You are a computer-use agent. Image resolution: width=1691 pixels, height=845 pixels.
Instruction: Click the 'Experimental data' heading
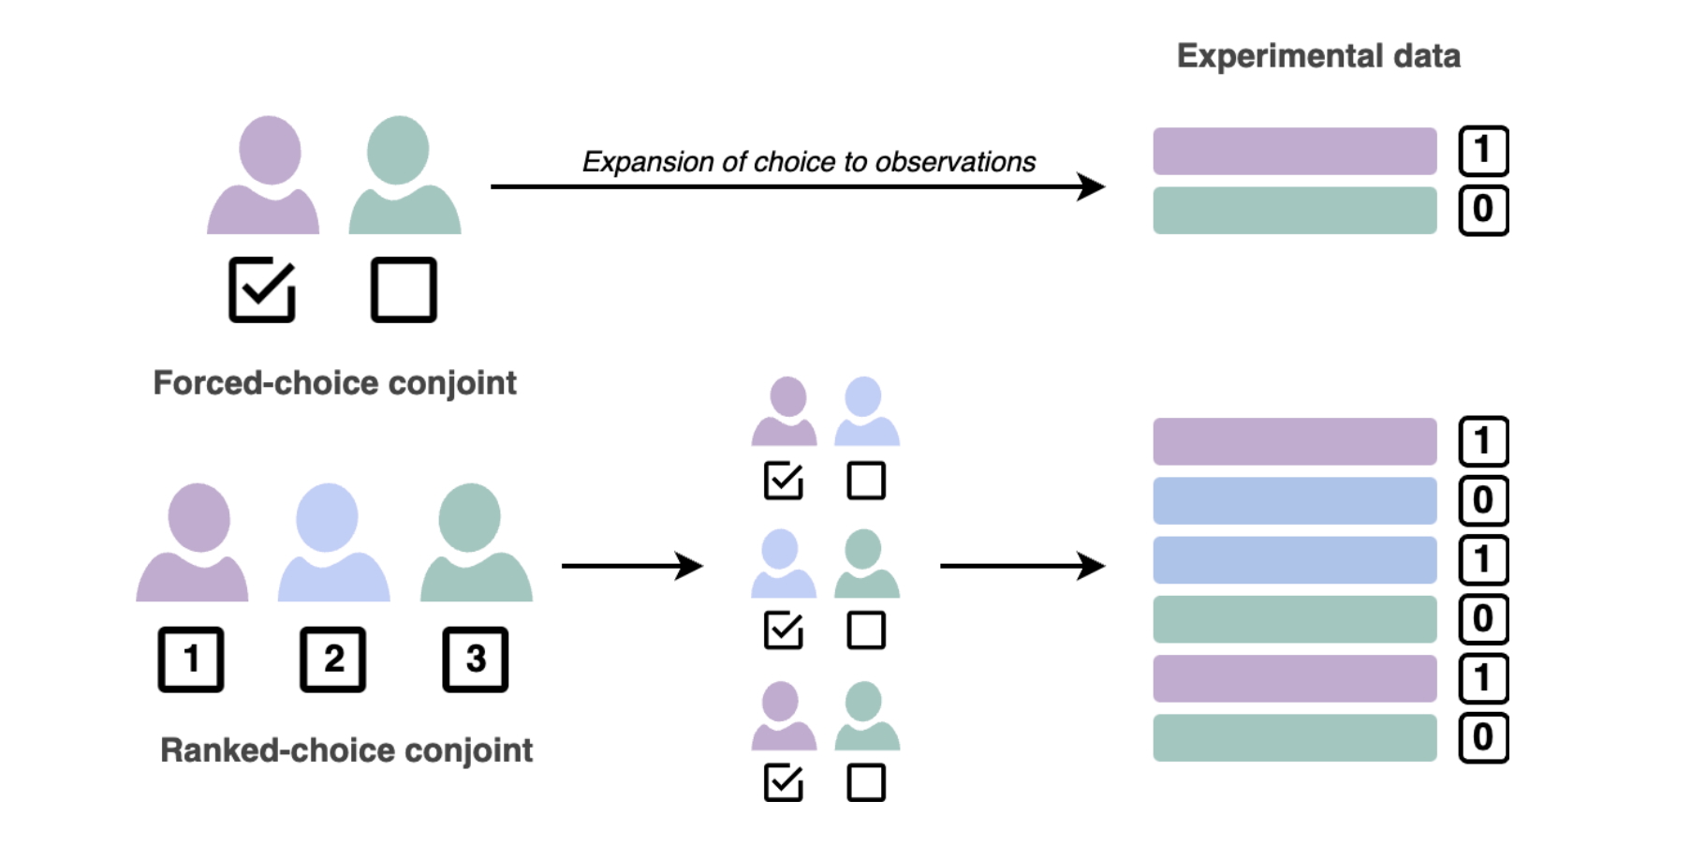click(x=1317, y=56)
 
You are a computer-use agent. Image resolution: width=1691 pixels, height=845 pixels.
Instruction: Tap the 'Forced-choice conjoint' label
click(x=334, y=383)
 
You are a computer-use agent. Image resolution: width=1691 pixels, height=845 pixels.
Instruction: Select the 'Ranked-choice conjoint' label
click(x=346, y=750)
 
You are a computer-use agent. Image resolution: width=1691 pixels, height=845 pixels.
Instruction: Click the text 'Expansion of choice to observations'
click(x=808, y=162)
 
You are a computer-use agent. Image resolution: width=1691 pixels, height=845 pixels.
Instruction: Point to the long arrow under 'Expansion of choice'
click(x=796, y=186)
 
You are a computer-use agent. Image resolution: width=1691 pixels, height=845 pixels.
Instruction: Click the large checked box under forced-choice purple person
click(x=262, y=289)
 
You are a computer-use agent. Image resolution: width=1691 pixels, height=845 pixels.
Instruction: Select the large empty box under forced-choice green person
click(x=404, y=289)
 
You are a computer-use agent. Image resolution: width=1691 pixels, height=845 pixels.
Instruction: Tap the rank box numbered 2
click(x=332, y=660)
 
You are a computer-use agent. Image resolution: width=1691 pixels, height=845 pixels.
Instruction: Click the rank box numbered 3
click(x=475, y=660)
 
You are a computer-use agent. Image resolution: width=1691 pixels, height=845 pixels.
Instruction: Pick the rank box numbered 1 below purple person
click(x=191, y=660)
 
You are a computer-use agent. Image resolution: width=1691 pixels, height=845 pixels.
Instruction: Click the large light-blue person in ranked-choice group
click(x=333, y=543)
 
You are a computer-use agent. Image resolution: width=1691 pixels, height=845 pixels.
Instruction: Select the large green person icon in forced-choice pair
click(x=404, y=176)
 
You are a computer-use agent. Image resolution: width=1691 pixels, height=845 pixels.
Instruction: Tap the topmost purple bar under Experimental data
click(x=1294, y=151)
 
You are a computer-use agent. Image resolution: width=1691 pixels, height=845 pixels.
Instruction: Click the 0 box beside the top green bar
click(x=1483, y=210)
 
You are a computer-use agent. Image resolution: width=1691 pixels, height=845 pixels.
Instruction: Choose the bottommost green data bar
click(x=1294, y=738)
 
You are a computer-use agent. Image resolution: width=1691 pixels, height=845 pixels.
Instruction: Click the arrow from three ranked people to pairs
click(x=631, y=566)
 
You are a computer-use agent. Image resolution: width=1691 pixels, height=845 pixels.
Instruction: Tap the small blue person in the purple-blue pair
click(x=866, y=412)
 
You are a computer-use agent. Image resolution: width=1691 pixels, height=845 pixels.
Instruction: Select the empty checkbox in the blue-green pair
click(x=866, y=630)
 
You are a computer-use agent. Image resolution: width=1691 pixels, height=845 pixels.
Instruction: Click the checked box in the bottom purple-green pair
click(x=784, y=782)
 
